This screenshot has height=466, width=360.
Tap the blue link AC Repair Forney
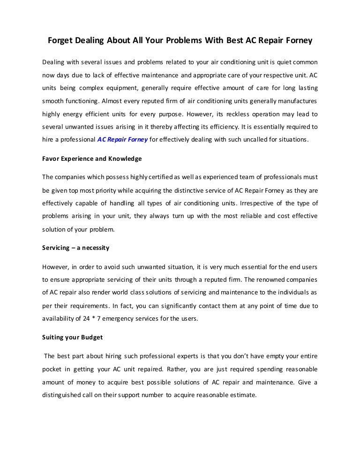point(122,139)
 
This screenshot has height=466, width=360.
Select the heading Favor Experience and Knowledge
point(92,158)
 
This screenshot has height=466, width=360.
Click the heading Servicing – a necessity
point(75,248)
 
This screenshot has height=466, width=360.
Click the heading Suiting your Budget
point(72,337)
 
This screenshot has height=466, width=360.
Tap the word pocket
point(52,369)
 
